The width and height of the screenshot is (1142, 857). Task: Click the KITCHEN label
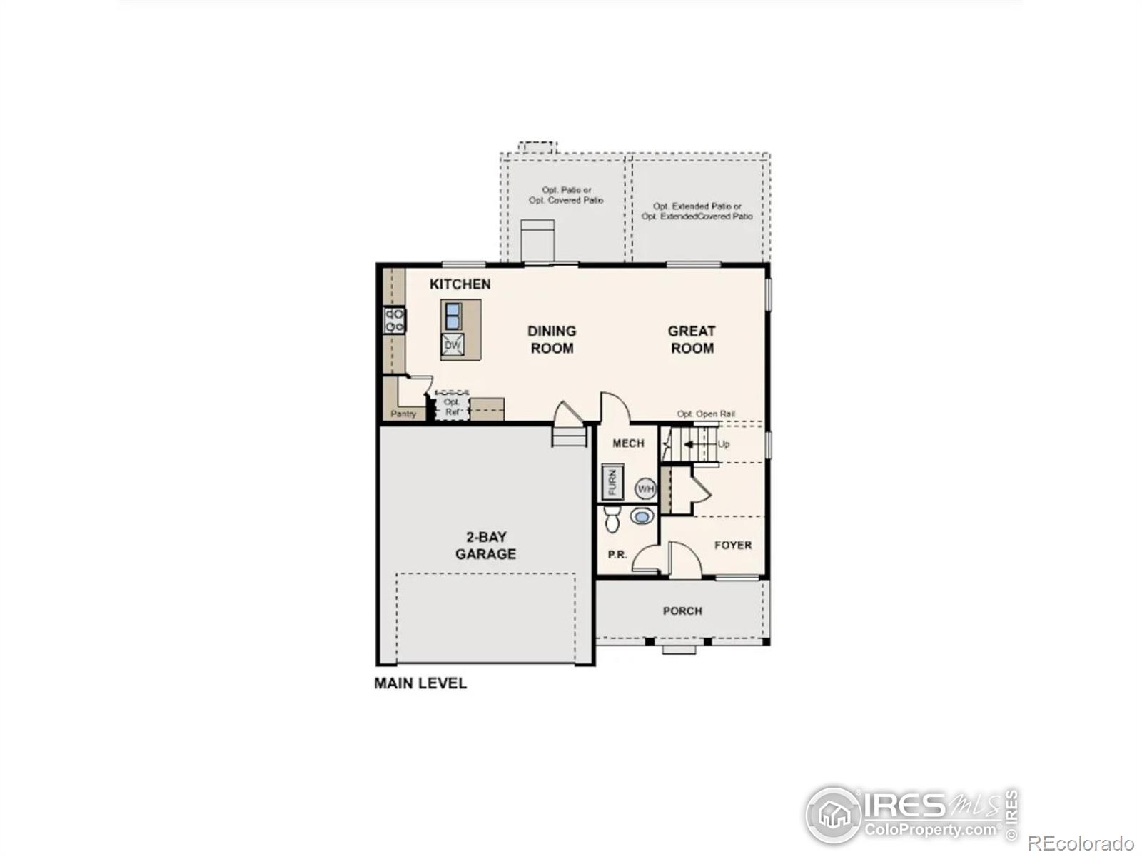point(460,284)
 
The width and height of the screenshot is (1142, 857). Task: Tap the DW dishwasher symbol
point(452,344)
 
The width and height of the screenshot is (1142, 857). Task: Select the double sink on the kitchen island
point(452,316)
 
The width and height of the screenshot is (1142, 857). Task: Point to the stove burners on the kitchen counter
point(395,320)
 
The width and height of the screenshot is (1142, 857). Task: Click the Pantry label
point(403,414)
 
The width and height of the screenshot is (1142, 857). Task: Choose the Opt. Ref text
point(452,407)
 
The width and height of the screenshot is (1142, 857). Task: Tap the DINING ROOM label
point(552,339)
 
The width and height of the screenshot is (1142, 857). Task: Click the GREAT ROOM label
point(692,339)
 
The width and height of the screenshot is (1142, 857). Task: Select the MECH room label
point(628,443)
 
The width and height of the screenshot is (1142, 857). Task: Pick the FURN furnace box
point(612,482)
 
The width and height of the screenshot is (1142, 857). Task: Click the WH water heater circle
point(645,488)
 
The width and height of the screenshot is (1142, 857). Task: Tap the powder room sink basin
point(642,516)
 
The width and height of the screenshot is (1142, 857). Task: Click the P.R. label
point(617,555)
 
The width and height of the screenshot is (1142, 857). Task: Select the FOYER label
point(732,546)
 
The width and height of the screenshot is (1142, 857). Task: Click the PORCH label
point(682,611)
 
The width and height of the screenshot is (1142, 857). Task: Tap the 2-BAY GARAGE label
point(485,546)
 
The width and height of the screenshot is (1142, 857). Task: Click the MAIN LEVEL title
point(420,683)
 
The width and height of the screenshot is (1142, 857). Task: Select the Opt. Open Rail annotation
point(705,414)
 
